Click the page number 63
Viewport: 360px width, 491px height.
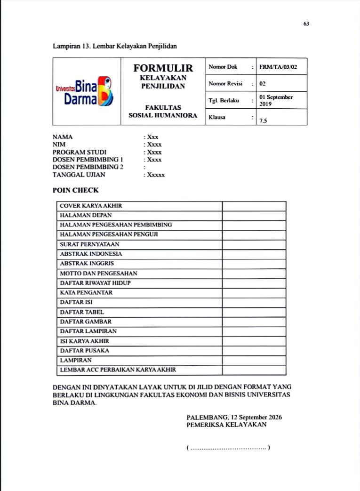point(306,24)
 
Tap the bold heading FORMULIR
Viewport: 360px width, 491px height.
point(163,68)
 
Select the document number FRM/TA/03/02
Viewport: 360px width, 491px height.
point(278,67)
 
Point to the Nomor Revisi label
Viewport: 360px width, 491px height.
point(225,84)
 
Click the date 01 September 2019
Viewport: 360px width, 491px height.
point(276,100)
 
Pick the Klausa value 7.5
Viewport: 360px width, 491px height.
point(263,121)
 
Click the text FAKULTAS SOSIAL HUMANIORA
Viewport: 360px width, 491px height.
point(163,112)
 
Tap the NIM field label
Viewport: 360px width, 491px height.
point(59,145)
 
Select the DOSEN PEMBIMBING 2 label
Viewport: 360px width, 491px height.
point(85,167)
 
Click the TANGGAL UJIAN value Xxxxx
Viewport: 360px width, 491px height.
point(155,175)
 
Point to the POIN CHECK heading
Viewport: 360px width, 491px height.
point(76,191)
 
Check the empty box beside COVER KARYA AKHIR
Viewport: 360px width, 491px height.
point(254,206)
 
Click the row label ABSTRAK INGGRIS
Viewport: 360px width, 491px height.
point(87,264)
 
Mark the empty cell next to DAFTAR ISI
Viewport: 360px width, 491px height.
point(254,302)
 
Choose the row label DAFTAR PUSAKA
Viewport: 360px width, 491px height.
point(85,351)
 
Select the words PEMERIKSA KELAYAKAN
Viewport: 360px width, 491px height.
point(226,425)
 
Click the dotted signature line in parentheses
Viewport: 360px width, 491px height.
point(228,448)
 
